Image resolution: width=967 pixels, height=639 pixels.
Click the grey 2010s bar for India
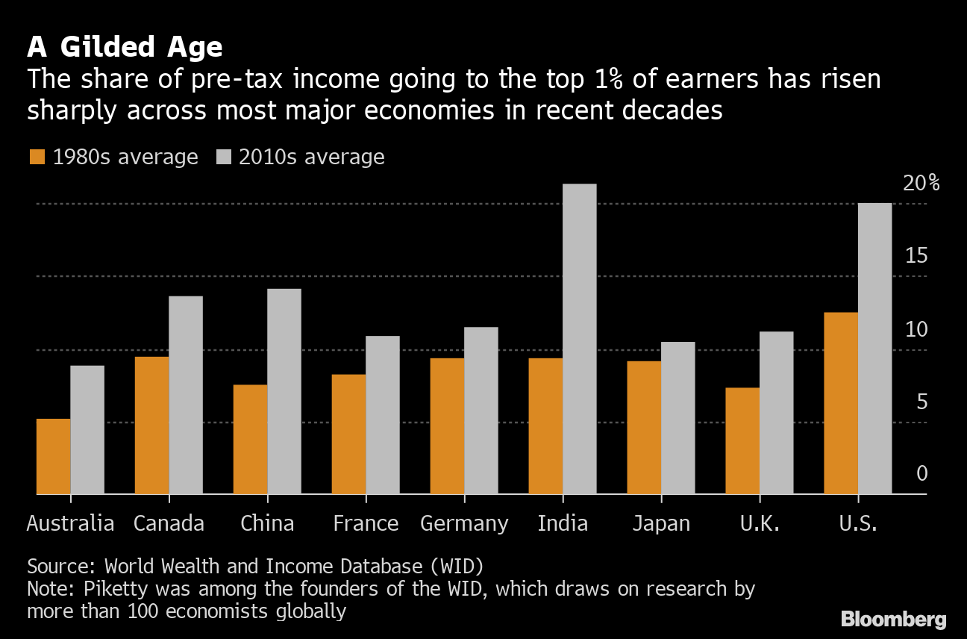579,339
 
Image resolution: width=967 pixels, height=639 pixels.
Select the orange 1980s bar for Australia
53,456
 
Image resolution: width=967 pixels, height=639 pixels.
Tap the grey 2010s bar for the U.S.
874,349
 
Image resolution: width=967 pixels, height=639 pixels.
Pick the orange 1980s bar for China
250,439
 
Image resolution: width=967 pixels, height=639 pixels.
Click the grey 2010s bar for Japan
677,418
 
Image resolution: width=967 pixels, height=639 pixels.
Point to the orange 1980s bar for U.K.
742,440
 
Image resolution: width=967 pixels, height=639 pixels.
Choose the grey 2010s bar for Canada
185,395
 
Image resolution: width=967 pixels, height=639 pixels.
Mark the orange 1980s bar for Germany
447,426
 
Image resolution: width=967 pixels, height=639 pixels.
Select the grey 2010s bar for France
382,415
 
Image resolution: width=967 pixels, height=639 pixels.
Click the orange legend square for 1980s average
37,157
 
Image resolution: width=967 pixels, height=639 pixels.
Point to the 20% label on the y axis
921,184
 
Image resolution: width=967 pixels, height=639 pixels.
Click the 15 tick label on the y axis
916,256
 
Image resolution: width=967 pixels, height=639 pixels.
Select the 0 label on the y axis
921,474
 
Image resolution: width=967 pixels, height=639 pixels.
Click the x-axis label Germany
464,523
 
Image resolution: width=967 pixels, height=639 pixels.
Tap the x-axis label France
366,523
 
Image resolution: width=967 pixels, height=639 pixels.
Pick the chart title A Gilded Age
125,47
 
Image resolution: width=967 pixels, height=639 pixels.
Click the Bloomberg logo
893,619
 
